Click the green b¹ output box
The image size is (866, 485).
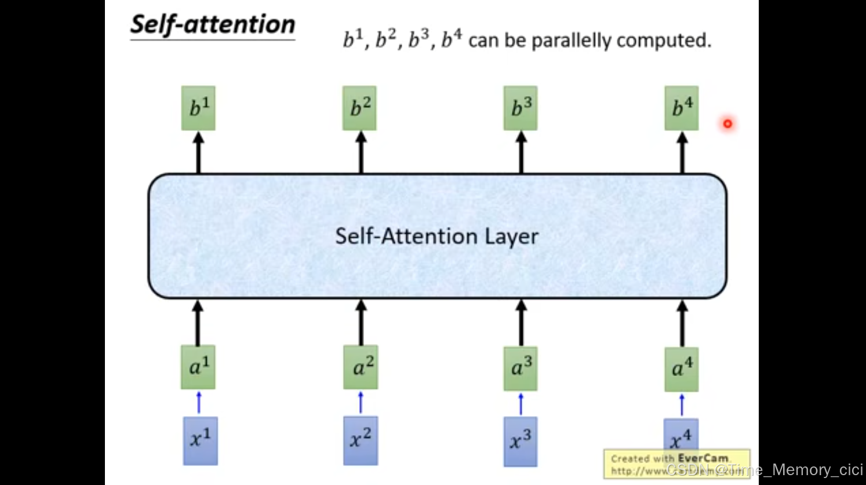tap(198, 108)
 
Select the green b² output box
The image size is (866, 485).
tap(359, 108)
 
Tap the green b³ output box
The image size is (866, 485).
tap(521, 108)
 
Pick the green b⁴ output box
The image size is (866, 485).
tap(682, 108)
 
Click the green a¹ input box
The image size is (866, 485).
tap(198, 367)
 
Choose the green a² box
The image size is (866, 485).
tap(361, 367)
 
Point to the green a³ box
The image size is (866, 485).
tap(521, 368)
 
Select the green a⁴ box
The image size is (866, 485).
tap(682, 369)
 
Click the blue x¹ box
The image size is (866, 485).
tap(201, 440)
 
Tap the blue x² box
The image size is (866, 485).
tap(361, 440)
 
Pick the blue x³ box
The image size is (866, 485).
tap(521, 442)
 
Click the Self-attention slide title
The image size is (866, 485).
tap(213, 25)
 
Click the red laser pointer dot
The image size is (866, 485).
tap(727, 123)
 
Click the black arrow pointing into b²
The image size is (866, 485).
tap(361, 152)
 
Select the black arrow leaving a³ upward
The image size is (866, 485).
tap(521, 323)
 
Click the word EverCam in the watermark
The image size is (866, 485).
tap(703, 458)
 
